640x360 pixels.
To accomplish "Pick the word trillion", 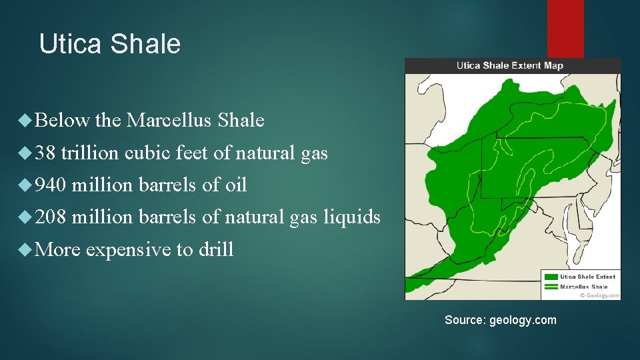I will point(93,153).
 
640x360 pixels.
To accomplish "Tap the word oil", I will point(236,185).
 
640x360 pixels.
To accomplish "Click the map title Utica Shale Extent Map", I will point(510,65).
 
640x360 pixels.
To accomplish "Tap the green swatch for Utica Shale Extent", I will point(551,276).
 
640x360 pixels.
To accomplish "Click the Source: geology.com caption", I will point(500,320).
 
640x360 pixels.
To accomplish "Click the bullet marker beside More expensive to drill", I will point(26,250).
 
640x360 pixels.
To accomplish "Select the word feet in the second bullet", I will point(193,153).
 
